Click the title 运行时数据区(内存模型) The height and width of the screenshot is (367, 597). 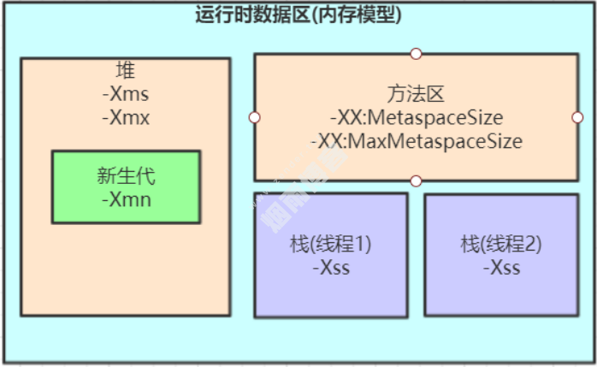tap(298, 14)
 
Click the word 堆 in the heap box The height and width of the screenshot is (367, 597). tap(126, 70)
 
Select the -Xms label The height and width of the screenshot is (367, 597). tap(126, 94)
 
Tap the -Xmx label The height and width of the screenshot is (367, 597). tap(126, 117)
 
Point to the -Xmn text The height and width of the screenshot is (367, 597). tap(126, 199)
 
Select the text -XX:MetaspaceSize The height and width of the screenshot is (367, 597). tap(416, 117)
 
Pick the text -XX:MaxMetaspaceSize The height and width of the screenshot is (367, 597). tap(416, 140)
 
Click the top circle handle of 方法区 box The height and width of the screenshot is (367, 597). tap(416, 54)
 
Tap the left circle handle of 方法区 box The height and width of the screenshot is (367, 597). tap(254, 117)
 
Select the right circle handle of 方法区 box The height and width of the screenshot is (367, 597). tap(577, 117)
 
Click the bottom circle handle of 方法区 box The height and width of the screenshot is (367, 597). tap(416, 181)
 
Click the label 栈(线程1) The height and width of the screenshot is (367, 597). tap(331, 245)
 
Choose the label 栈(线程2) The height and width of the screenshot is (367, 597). tap(501, 245)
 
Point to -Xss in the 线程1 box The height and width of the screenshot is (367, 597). tap(331, 268)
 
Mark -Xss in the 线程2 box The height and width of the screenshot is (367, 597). tap(501, 268)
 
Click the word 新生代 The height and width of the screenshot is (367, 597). tap(126, 177)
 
